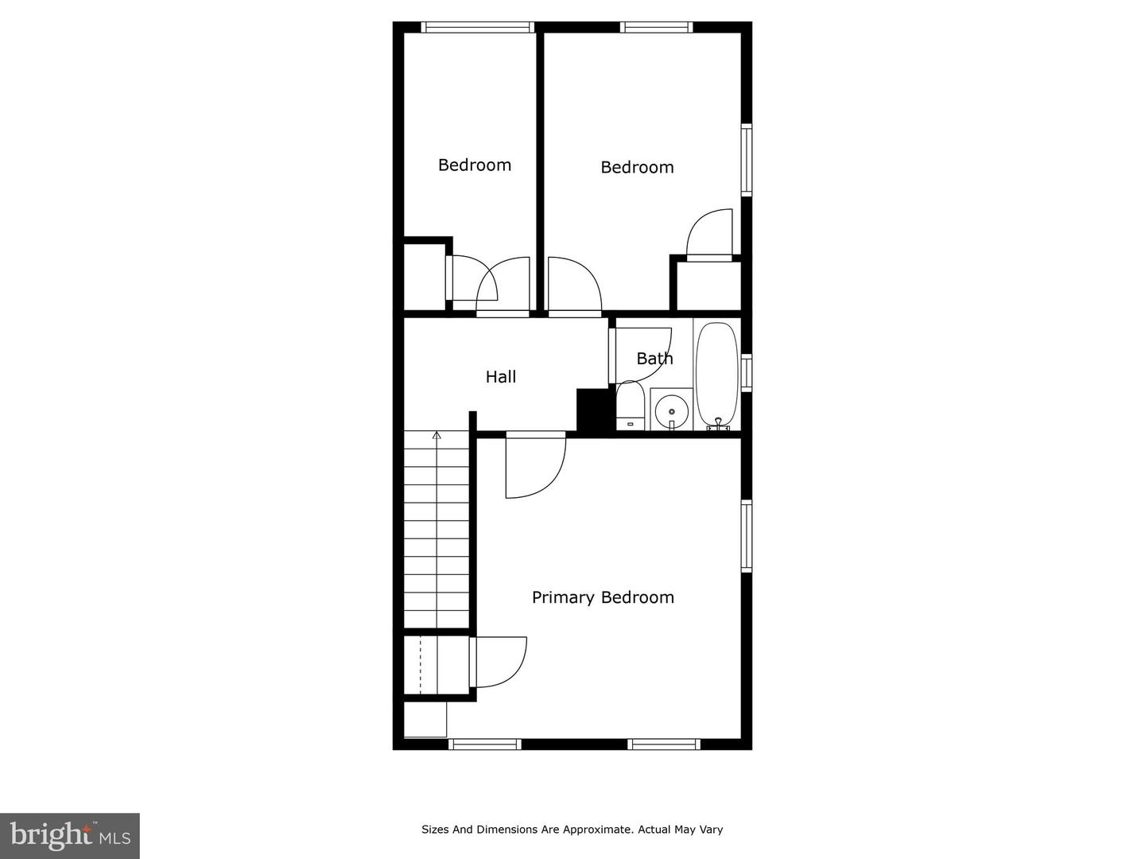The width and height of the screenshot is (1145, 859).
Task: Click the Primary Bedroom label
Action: [603, 597]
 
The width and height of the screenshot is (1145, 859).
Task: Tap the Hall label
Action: [501, 377]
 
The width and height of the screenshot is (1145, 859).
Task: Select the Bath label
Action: [654, 359]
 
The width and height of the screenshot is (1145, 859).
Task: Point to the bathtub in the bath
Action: [716, 375]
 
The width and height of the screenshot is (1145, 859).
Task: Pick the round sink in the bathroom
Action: [672, 410]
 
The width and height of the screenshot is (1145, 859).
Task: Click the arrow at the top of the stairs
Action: [436, 435]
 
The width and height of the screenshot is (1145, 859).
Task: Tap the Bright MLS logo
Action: [70, 835]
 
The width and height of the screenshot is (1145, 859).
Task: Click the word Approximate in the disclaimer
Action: [597, 830]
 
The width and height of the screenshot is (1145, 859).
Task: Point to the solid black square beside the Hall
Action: [592, 409]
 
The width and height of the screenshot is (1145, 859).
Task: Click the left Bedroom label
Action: [475, 165]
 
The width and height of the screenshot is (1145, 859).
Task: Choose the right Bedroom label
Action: [637, 168]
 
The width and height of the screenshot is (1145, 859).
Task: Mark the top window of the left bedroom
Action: [477, 27]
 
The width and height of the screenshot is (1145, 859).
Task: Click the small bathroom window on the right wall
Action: [747, 371]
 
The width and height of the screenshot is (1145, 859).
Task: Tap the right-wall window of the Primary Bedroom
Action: [747, 536]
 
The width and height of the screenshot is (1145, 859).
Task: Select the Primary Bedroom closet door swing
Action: [499, 662]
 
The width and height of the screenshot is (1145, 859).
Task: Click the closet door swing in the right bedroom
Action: [709, 234]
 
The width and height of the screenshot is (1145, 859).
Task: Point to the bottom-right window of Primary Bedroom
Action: [664, 744]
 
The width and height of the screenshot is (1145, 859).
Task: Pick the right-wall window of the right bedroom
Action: [747, 160]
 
